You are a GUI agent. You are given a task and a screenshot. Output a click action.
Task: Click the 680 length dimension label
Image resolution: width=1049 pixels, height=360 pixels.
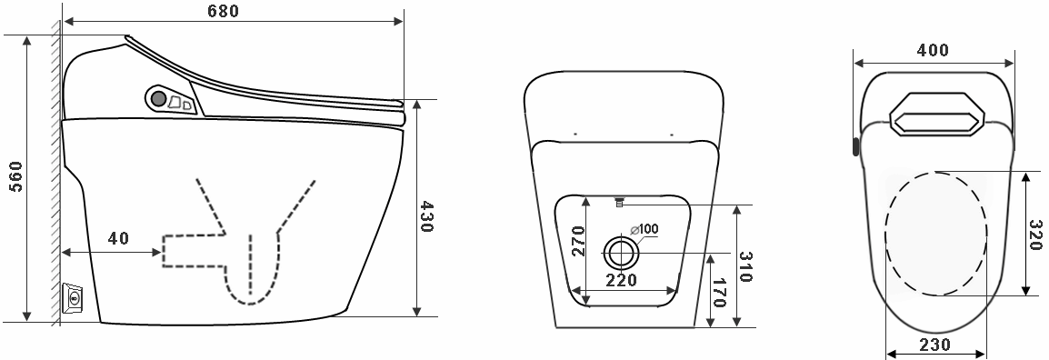coord(224,12)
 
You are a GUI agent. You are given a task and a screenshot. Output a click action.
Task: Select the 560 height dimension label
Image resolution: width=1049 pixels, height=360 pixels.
coord(15,176)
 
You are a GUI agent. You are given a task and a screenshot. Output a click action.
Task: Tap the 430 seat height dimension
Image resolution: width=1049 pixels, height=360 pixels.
coord(426,216)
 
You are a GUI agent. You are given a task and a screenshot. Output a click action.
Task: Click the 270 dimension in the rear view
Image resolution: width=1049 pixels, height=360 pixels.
coord(579,242)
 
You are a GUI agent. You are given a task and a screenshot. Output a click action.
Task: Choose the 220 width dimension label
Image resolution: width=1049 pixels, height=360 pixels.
coord(621,280)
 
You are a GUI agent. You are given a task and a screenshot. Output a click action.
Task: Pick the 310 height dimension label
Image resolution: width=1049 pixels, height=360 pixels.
coord(747,267)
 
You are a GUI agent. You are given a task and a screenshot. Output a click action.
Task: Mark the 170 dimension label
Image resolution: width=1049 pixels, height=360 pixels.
coord(719,293)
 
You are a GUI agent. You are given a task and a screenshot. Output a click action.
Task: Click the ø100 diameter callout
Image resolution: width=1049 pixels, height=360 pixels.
coord(644,229)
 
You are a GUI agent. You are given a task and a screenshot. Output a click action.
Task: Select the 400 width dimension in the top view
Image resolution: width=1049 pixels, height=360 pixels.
coord(933,50)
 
